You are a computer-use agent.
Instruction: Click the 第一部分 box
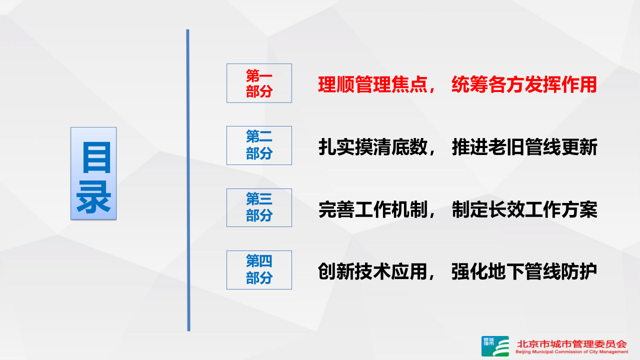(259, 83)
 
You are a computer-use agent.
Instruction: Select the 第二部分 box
(259, 145)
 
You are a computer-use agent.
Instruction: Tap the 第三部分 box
(259, 207)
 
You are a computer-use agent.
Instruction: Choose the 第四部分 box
(259, 270)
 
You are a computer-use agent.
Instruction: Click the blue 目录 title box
(93, 173)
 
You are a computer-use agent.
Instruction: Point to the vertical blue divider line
(188, 180)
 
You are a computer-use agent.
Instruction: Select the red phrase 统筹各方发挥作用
(524, 85)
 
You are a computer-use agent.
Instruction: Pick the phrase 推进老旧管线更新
(524, 147)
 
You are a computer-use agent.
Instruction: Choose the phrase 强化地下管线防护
(524, 272)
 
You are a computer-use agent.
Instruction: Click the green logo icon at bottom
(495, 346)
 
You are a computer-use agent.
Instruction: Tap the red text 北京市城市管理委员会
(571, 344)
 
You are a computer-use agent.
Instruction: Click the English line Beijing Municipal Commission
(571, 352)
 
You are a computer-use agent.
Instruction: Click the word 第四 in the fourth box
(259, 261)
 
